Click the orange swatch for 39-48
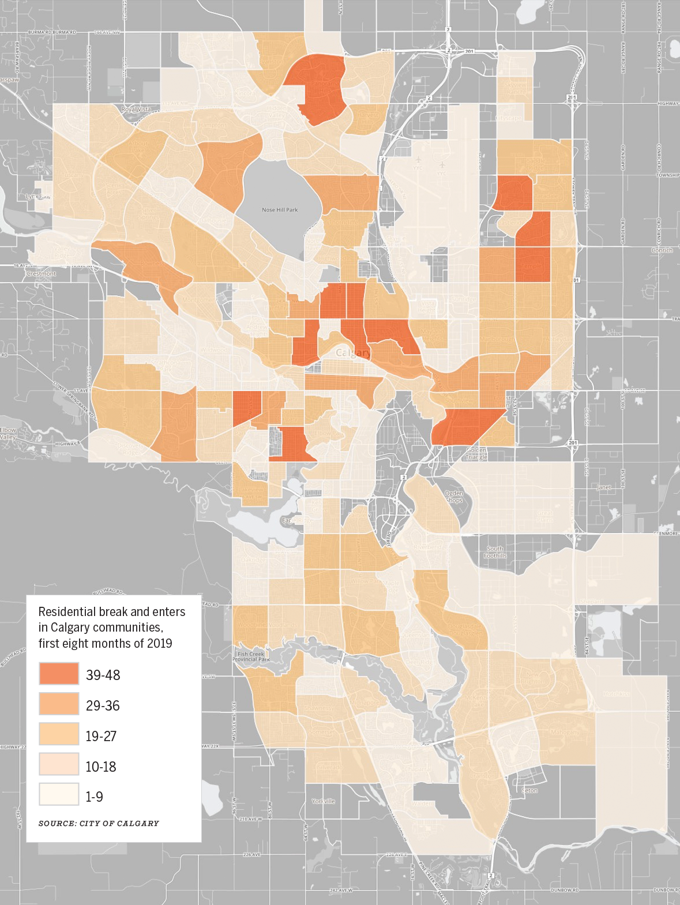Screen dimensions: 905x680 click(59, 673)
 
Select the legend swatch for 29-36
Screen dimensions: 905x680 click(59, 704)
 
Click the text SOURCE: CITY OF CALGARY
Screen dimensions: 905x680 click(99, 823)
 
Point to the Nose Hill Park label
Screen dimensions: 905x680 click(280, 209)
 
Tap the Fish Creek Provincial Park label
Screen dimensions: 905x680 click(251, 656)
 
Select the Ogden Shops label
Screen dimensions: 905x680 click(454, 497)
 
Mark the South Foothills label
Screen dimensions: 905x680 click(495, 552)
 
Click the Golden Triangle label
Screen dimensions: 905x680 click(476, 453)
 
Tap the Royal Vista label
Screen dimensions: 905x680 click(136, 109)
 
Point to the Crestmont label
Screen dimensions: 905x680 click(42, 273)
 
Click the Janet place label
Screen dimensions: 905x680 click(604, 487)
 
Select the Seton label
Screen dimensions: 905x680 click(529, 790)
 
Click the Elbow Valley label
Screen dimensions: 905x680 click(8, 434)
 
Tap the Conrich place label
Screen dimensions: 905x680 click(662, 250)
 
